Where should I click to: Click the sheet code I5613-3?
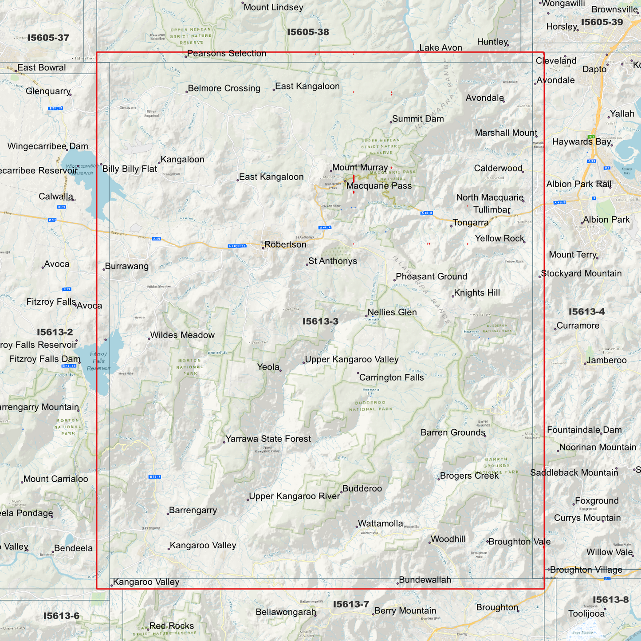320,322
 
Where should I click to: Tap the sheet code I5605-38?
308,32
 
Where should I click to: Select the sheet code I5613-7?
351,604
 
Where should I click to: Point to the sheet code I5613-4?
586,312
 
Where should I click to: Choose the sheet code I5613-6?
61,616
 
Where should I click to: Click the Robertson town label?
285,244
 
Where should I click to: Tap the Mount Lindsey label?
273,8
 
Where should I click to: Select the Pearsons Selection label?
227,54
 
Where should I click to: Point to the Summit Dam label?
418,119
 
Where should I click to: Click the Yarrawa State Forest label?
268,439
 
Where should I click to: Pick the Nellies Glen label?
392,312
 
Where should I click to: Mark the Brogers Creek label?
469,476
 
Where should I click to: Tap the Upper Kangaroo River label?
294,496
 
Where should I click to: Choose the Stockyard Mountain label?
581,274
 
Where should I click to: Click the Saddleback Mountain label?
574,473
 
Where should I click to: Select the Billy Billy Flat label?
130,169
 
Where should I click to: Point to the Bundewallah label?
425,580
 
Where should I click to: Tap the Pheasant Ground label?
431,277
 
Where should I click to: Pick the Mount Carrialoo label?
55,479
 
